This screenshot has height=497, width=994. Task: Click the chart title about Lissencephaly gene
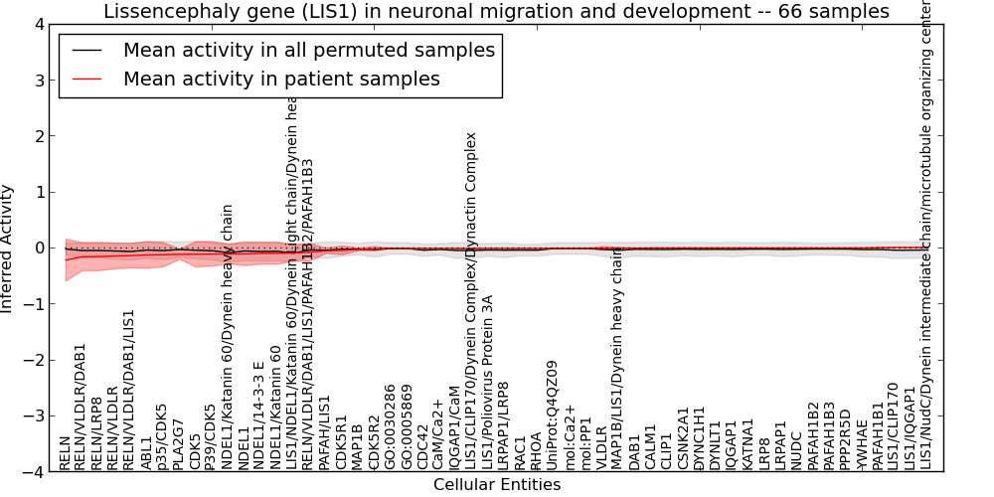496,12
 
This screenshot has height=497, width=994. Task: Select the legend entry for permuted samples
308,51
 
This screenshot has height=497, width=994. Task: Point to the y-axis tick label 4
39,24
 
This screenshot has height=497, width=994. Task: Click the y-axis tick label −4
35,472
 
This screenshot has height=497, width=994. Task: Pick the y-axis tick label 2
39,136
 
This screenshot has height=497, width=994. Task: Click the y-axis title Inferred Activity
8,248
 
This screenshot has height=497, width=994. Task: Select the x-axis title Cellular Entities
496,485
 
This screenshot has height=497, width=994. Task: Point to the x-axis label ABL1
147,452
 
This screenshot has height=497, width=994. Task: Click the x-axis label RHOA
537,450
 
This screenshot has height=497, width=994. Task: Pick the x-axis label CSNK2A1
683,437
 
